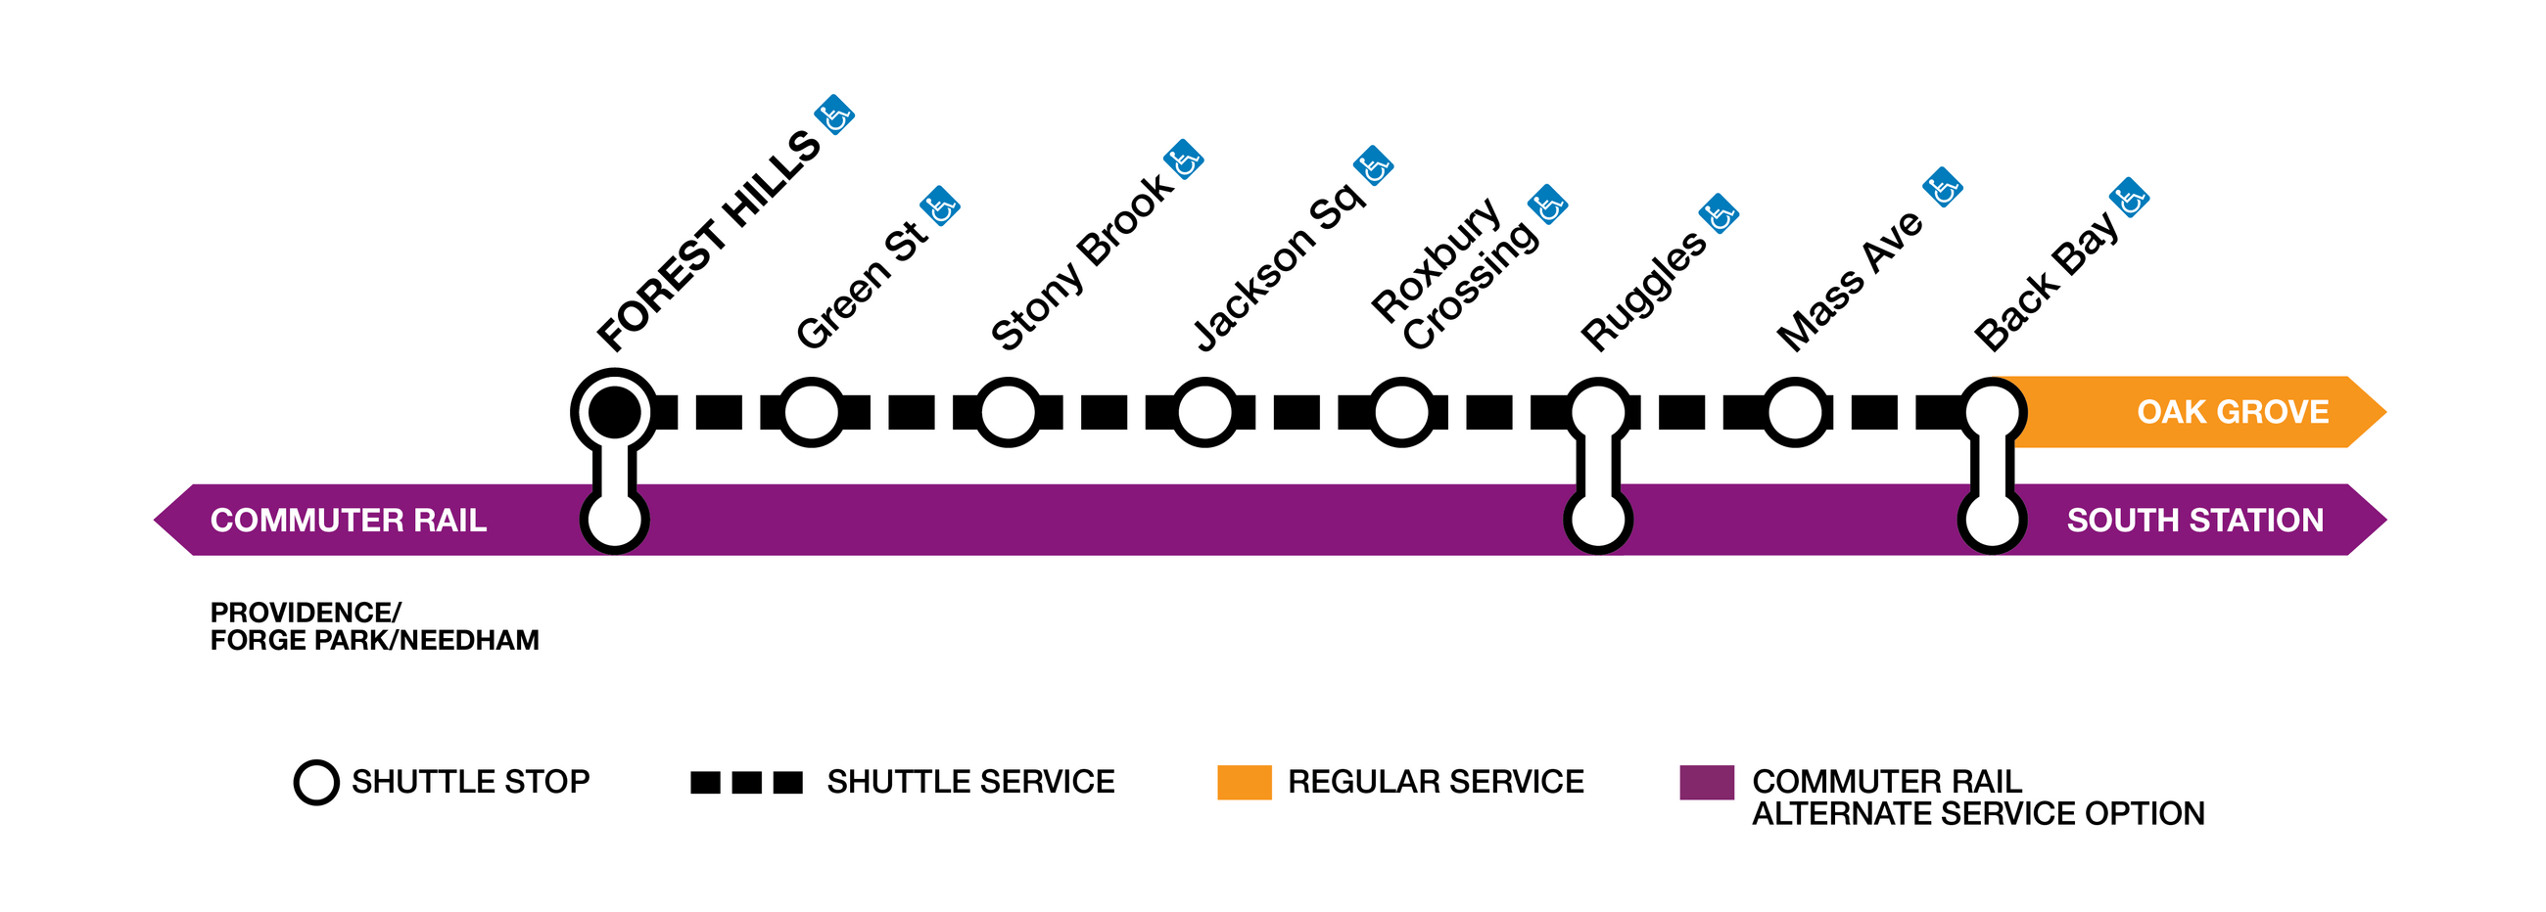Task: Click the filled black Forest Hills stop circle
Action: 614,411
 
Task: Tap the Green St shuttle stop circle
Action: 811,412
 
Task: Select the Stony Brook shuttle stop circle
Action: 1007,412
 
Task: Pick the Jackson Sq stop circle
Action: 1203,412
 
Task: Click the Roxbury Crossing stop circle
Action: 1400,412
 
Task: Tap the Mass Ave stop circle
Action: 1794,412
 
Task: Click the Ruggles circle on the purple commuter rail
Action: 1597,520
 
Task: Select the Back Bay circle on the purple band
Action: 1992,520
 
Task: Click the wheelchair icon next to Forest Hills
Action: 834,115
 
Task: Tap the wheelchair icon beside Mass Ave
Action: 1942,187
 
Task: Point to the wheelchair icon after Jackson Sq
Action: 1373,166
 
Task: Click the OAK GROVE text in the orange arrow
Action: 2232,411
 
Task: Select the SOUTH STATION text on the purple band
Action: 2194,520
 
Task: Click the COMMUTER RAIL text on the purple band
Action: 348,520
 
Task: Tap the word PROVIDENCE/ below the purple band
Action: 306,612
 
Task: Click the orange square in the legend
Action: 1244,782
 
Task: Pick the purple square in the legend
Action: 1706,782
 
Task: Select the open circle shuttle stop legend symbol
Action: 316,782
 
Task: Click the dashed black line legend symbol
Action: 746,782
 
